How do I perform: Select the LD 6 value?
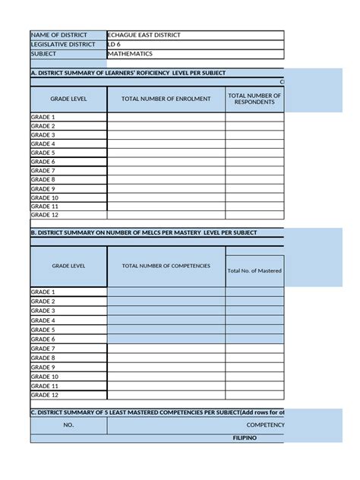pyautogui.click(x=115, y=44)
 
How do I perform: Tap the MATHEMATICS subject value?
pyautogui.click(x=130, y=54)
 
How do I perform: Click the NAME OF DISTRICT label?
pyautogui.click(x=58, y=35)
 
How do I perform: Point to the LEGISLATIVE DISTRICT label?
pyautogui.click(x=63, y=44)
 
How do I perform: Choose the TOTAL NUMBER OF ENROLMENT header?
pyautogui.click(x=166, y=99)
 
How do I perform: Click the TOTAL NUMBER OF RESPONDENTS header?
pyautogui.click(x=254, y=99)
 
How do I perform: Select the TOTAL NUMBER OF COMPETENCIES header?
pyautogui.click(x=166, y=266)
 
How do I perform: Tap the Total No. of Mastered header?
pyautogui.click(x=254, y=270)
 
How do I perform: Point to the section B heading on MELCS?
pyautogui.click(x=144, y=232)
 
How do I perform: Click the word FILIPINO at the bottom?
pyautogui.click(x=245, y=438)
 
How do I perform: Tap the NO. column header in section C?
pyautogui.click(x=68, y=425)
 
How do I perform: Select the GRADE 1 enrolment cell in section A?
pyautogui.click(x=166, y=117)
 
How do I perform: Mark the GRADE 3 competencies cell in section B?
pyautogui.click(x=166, y=311)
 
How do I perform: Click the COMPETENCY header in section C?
pyautogui.click(x=265, y=425)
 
